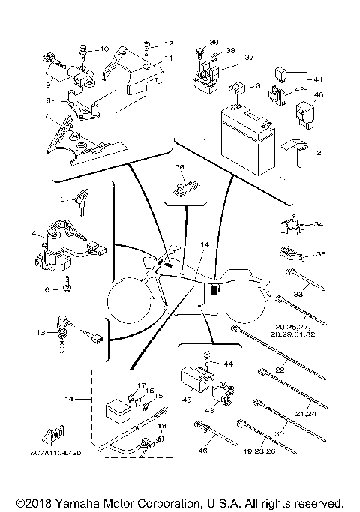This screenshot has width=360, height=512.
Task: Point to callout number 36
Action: tap(179, 166)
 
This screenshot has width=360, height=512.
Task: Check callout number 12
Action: tap(169, 44)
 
